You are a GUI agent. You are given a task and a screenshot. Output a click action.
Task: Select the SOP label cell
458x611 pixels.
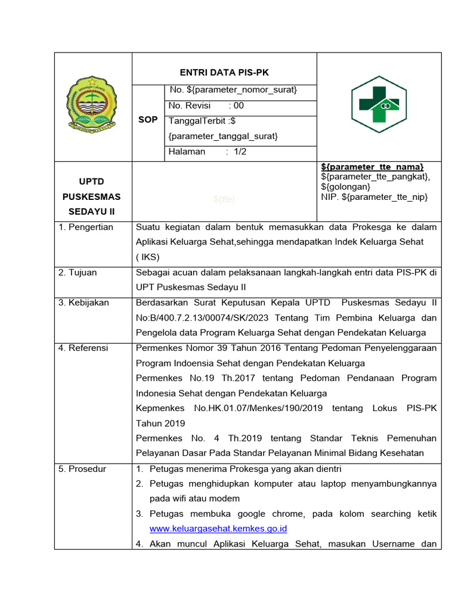pyautogui.click(x=148, y=119)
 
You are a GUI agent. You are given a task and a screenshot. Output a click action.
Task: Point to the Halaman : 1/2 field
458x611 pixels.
pyautogui.click(x=208, y=152)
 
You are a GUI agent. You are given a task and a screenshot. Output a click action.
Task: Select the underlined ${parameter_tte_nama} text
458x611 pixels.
pyautogui.click(x=372, y=166)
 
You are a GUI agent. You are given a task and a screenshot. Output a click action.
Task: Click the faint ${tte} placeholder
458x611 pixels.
pyautogui.click(x=224, y=199)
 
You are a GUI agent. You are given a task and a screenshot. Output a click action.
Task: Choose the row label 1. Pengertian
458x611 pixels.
pyautogui.click(x=85, y=227)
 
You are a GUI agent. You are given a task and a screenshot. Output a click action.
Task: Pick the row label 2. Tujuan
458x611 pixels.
pyautogui.click(x=78, y=273)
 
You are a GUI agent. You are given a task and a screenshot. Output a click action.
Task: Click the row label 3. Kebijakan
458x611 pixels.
pyautogui.click(x=83, y=303)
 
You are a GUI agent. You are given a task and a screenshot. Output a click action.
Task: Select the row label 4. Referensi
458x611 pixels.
pyautogui.click(x=83, y=348)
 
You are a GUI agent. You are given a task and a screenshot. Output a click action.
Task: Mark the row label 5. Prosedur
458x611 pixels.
pyautogui.click(x=82, y=469)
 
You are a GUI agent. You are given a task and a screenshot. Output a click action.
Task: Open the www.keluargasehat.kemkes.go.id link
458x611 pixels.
pyautogui.click(x=219, y=529)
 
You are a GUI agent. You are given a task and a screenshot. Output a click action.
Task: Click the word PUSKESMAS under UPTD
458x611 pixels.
pyautogui.click(x=94, y=196)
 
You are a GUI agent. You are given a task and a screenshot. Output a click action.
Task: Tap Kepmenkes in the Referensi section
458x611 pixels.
pyautogui.click(x=159, y=409)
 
